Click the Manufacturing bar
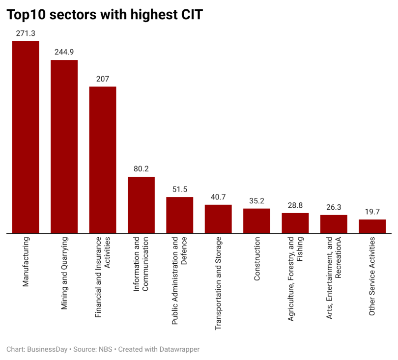pyautogui.click(x=26, y=138)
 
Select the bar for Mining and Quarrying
pyautogui.click(x=64, y=147)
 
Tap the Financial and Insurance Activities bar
pyautogui.click(x=103, y=160)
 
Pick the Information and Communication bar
pyautogui.click(x=141, y=205)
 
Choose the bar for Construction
pyautogui.click(x=256, y=221)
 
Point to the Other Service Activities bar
pyautogui.click(x=372, y=226)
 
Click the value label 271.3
pyautogui.click(x=26, y=33)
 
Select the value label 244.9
pyautogui.click(x=64, y=52)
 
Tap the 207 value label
pyautogui.click(x=103, y=79)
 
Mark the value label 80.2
pyautogui.click(x=141, y=168)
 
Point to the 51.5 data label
pyautogui.click(x=179, y=189)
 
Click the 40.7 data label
pyautogui.click(x=218, y=196)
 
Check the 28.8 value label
pyautogui.click(x=295, y=205)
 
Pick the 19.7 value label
pyautogui.click(x=372, y=211)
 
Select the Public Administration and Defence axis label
pyautogui.click(x=179, y=280)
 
